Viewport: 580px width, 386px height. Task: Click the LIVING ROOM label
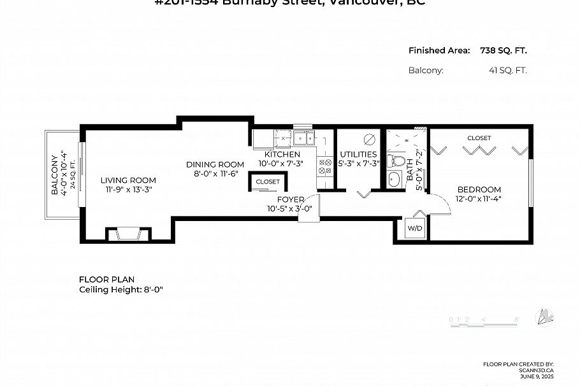(x=128, y=180)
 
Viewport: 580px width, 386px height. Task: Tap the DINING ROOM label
(x=215, y=164)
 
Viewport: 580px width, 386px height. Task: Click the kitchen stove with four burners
(x=325, y=166)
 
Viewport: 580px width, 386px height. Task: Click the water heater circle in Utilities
(x=368, y=139)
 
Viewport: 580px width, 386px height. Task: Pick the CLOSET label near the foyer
(x=268, y=182)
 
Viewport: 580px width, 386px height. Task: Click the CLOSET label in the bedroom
(x=479, y=138)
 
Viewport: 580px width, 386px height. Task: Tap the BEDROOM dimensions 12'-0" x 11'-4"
(x=479, y=199)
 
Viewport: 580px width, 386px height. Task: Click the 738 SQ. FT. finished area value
(x=503, y=51)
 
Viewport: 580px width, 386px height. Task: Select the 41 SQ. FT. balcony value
(x=507, y=71)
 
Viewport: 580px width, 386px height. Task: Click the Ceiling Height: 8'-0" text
(x=121, y=289)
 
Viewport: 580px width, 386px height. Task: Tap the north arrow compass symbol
(x=545, y=317)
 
